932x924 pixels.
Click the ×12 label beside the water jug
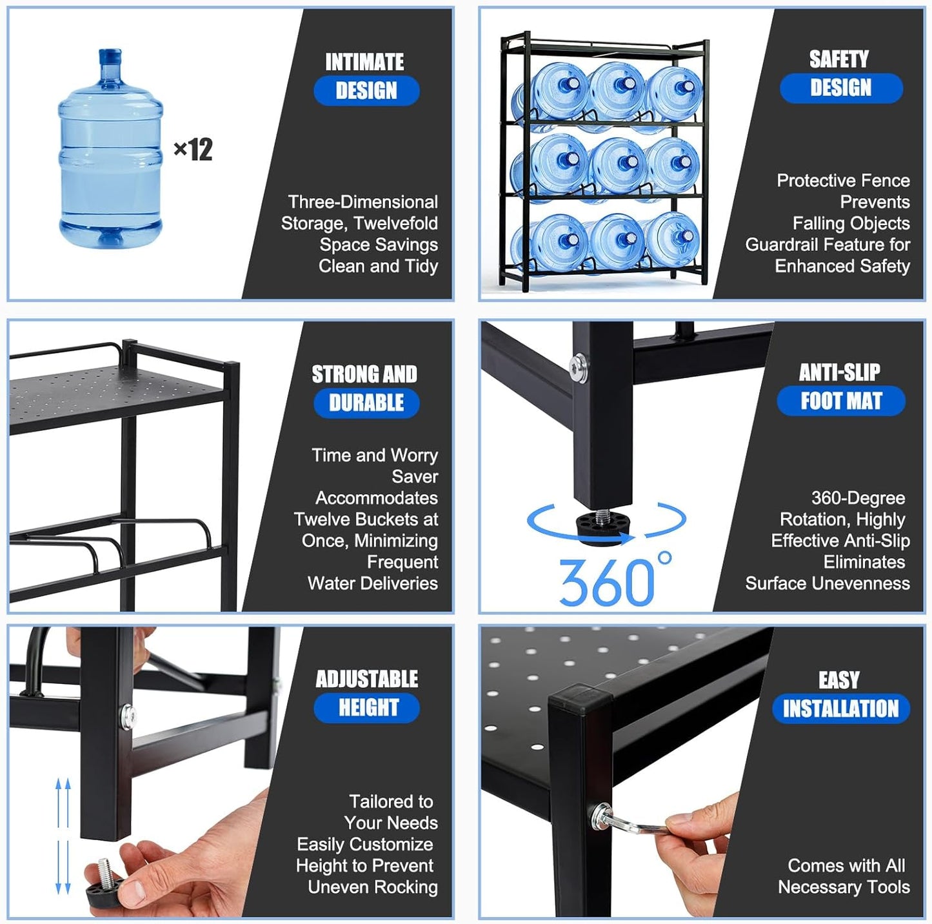point(193,150)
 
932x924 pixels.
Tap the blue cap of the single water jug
point(110,56)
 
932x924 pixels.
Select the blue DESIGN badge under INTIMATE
point(366,90)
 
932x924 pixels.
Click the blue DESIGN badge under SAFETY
point(840,88)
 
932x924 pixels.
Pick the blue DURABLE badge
point(366,403)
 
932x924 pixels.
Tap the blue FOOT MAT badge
point(840,401)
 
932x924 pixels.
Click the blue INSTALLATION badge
point(840,708)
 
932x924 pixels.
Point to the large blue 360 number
point(606,582)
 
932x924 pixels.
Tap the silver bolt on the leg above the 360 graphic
point(579,367)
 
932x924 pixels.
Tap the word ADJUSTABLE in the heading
point(366,679)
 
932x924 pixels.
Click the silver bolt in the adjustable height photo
point(127,716)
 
